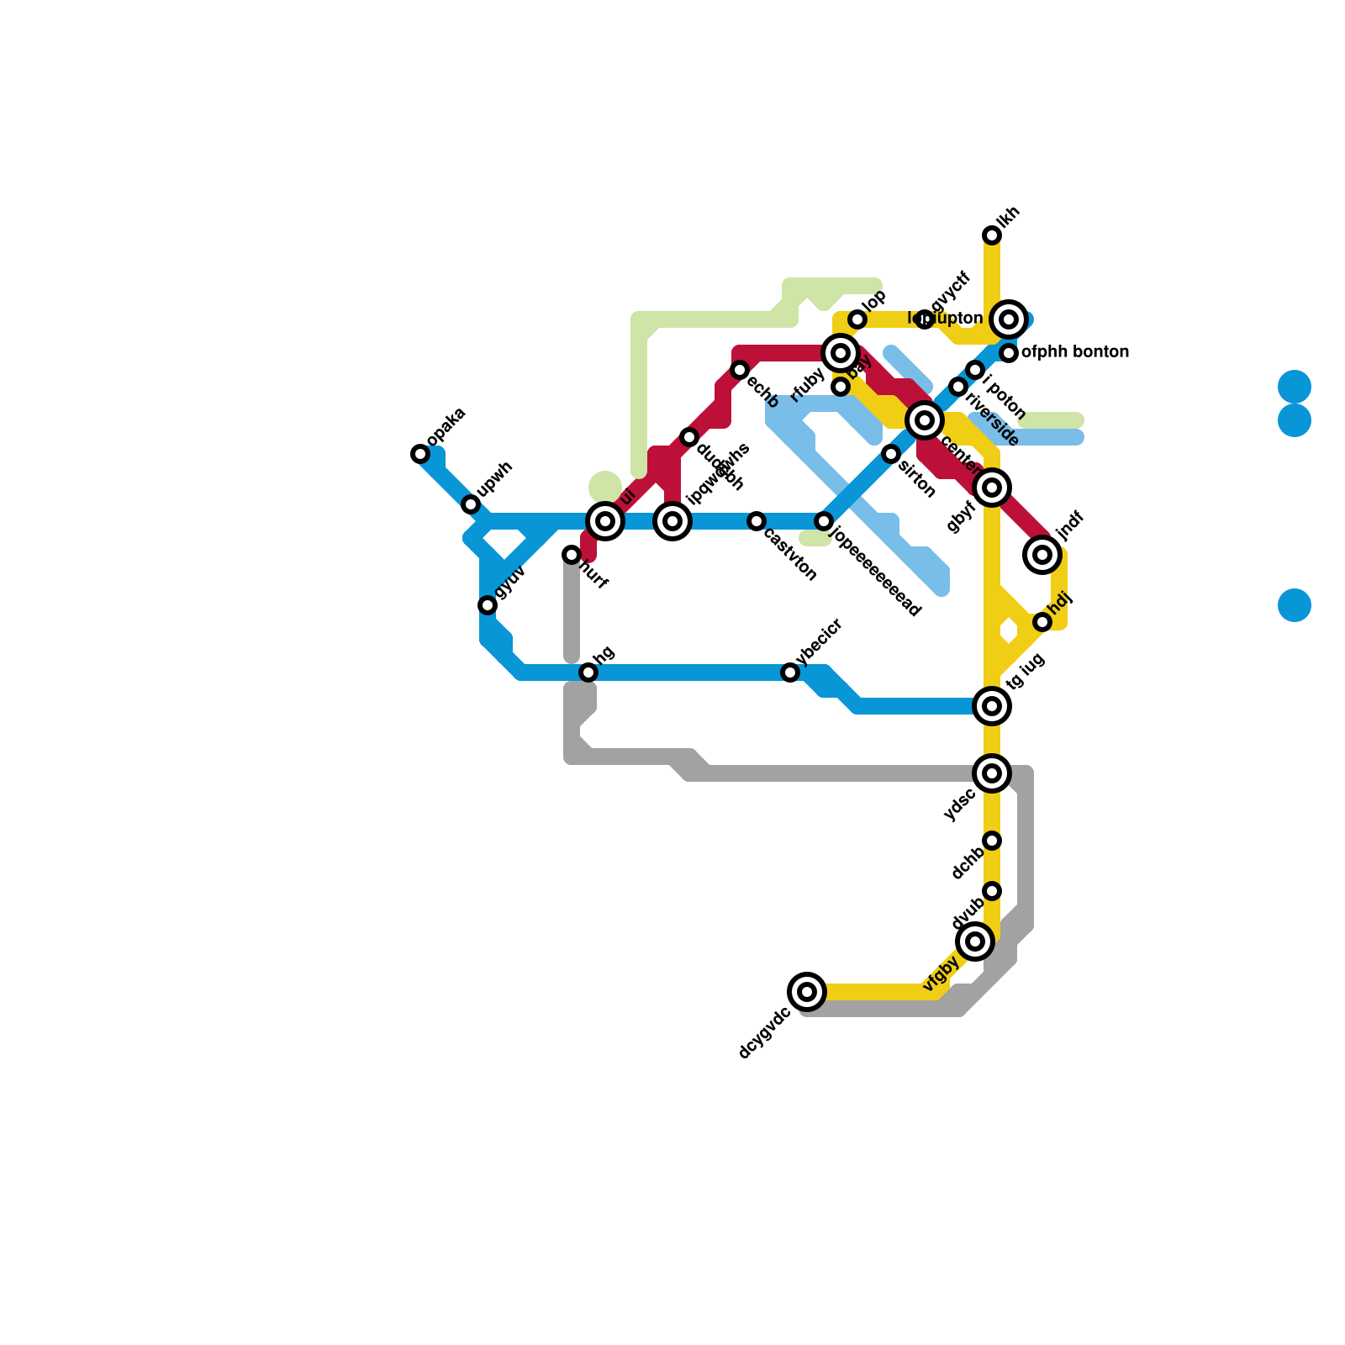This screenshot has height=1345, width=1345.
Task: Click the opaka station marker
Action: [420, 454]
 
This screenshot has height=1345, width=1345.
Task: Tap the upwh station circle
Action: [471, 504]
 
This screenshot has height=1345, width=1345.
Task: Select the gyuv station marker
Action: [488, 605]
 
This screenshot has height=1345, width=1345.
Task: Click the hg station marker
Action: [588, 672]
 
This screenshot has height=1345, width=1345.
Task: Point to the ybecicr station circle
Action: [790, 672]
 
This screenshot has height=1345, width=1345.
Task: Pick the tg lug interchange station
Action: [992, 706]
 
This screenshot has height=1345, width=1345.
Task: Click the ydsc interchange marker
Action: [992, 773]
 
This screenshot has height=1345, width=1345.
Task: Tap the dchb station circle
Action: [992, 841]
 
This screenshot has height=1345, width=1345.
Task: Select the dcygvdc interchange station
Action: [807, 992]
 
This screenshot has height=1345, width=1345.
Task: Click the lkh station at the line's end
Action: [992, 235]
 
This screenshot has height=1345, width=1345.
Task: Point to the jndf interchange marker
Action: [1042, 555]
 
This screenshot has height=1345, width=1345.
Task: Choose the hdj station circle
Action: [1042, 622]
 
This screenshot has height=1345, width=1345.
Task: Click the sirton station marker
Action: [891, 454]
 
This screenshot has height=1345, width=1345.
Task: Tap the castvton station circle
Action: [757, 521]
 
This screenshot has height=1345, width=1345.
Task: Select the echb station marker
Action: [740, 370]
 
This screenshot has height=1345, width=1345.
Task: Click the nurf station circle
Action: [572, 555]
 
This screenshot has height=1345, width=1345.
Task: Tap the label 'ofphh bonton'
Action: [1074, 352]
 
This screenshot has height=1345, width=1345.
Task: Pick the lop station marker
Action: [857, 319]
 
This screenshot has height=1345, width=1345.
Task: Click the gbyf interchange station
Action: [992, 488]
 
